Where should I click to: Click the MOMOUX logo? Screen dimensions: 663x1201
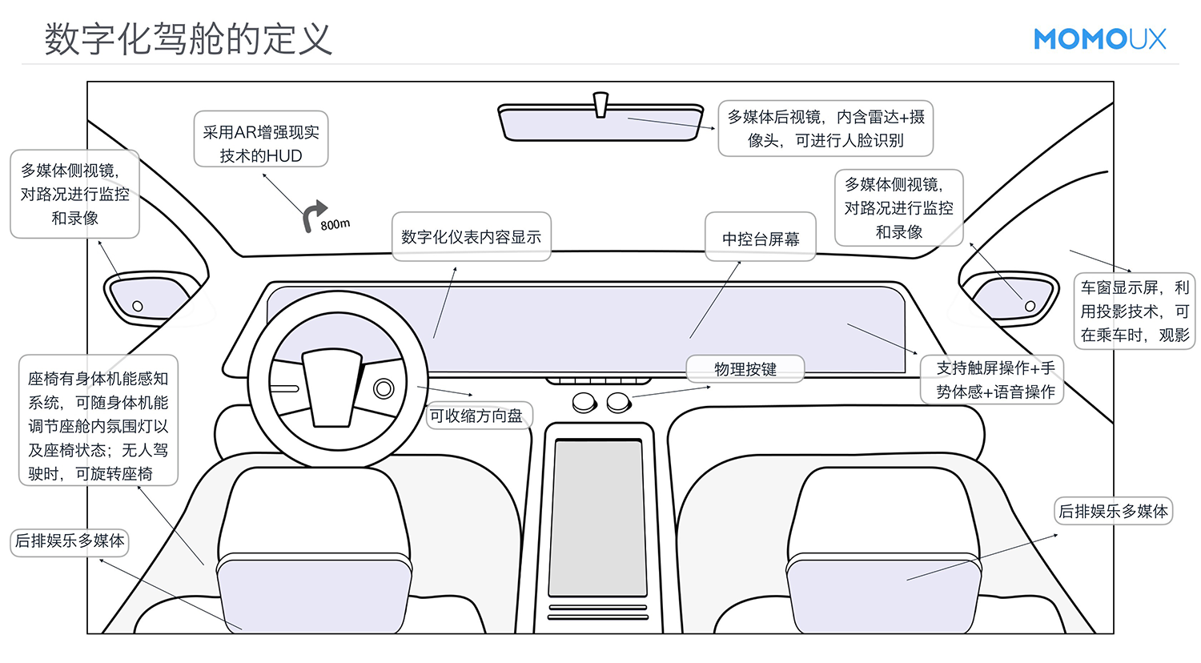1099,38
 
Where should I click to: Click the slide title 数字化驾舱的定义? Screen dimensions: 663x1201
188,38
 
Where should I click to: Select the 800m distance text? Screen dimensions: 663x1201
335,224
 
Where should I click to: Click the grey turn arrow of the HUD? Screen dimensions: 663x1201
313,215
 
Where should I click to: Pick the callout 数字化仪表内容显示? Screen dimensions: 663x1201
471,237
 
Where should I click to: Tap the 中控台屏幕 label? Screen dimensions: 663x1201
761,238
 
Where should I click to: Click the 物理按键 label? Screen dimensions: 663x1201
745,369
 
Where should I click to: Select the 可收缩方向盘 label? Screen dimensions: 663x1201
476,416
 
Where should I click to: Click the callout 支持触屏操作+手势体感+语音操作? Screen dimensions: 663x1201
994,380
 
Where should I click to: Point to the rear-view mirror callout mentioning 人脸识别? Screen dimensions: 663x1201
825,128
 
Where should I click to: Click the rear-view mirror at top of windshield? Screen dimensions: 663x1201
600,123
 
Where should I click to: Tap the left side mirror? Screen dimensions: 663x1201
149,297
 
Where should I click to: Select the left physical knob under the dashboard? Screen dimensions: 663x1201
584,402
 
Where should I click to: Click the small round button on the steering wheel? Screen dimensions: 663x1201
384,389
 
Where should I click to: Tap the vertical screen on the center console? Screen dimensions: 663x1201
597,516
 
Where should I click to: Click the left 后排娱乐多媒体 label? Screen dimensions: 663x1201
70,541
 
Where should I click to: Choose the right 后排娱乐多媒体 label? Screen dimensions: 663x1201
1113,511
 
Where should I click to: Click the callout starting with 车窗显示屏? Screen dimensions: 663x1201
1134,311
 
